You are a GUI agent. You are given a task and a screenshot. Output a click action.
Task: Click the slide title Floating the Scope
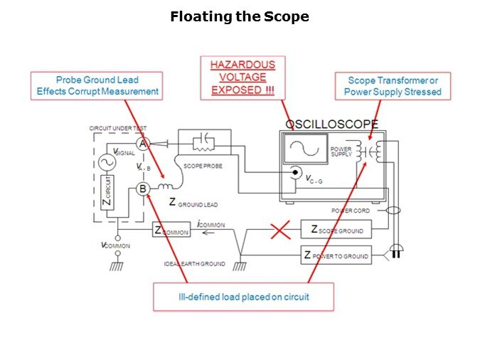coord(240,16)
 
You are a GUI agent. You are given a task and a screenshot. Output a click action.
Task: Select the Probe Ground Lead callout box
coord(97,86)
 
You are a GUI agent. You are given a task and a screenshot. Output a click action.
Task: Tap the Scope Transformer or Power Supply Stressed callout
coord(393,86)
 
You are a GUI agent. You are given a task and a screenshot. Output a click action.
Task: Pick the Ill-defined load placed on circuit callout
coord(243,297)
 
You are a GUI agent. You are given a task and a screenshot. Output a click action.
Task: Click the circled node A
coord(142,144)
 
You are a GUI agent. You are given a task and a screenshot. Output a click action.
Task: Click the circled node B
coord(142,189)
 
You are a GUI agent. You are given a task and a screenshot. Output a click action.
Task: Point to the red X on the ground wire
coord(280,231)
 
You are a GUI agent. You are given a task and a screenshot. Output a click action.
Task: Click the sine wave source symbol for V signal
coord(110,162)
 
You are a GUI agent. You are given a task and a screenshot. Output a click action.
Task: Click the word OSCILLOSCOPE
coord(331,124)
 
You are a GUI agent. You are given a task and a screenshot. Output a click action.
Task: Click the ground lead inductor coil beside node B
coord(164,187)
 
